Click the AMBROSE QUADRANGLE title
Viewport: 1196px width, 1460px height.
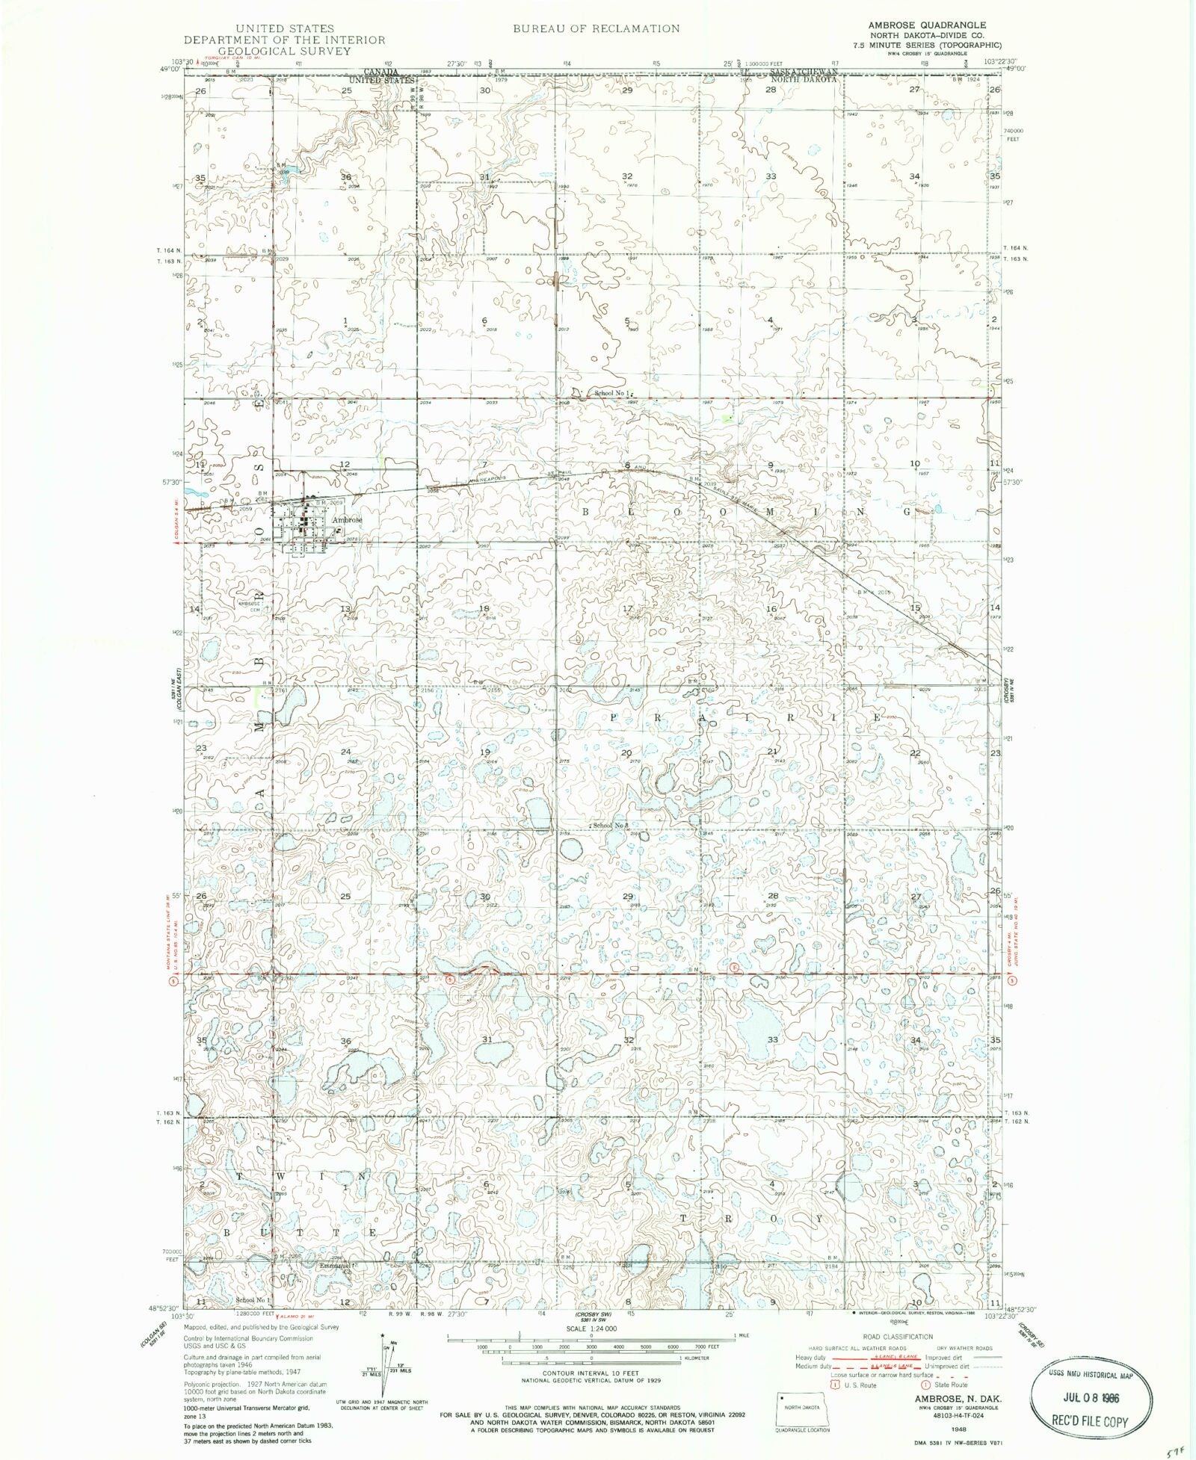(926, 25)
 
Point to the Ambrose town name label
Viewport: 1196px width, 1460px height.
(347, 519)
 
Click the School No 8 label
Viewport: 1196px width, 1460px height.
(611, 825)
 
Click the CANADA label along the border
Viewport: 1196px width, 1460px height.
(379, 71)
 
